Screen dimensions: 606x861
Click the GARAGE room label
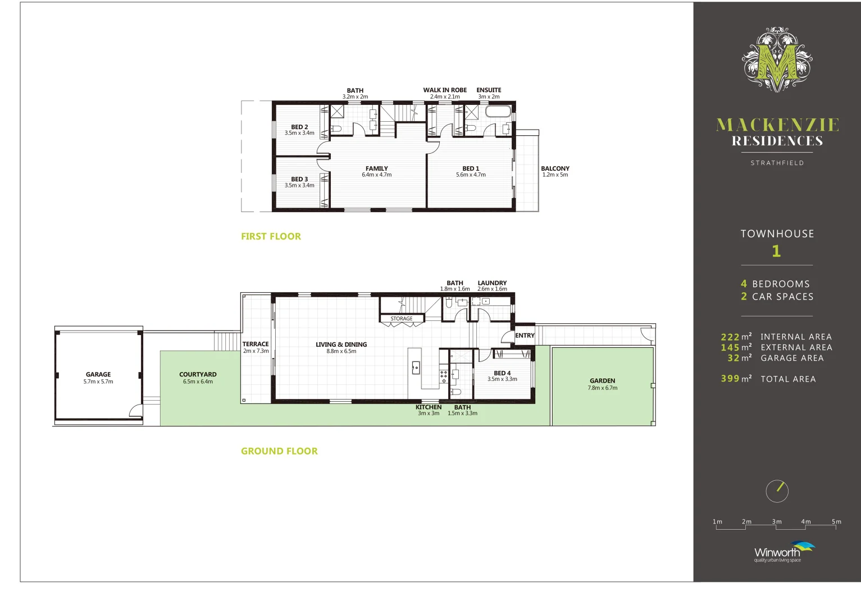click(98, 375)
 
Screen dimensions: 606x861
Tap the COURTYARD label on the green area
click(198, 375)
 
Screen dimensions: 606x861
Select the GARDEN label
click(602, 381)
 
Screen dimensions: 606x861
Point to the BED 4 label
click(502, 373)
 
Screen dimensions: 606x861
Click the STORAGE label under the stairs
click(402, 319)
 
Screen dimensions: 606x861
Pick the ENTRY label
click(525, 336)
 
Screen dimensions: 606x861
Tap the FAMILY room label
click(376, 168)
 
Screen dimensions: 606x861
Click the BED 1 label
click(471, 168)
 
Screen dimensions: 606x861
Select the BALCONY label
click(555, 168)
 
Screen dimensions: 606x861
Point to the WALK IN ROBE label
click(445, 90)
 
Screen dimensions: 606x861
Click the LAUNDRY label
click(492, 283)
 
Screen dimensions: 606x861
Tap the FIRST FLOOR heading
click(271, 237)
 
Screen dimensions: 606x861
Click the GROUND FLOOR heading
click(279, 451)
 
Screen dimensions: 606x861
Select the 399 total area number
click(730, 379)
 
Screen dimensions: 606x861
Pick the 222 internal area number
click(730, 337)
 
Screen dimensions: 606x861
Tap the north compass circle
click(777, 491)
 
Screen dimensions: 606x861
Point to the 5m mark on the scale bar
click(836, 522)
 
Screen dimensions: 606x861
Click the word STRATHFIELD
click(777, 163)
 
